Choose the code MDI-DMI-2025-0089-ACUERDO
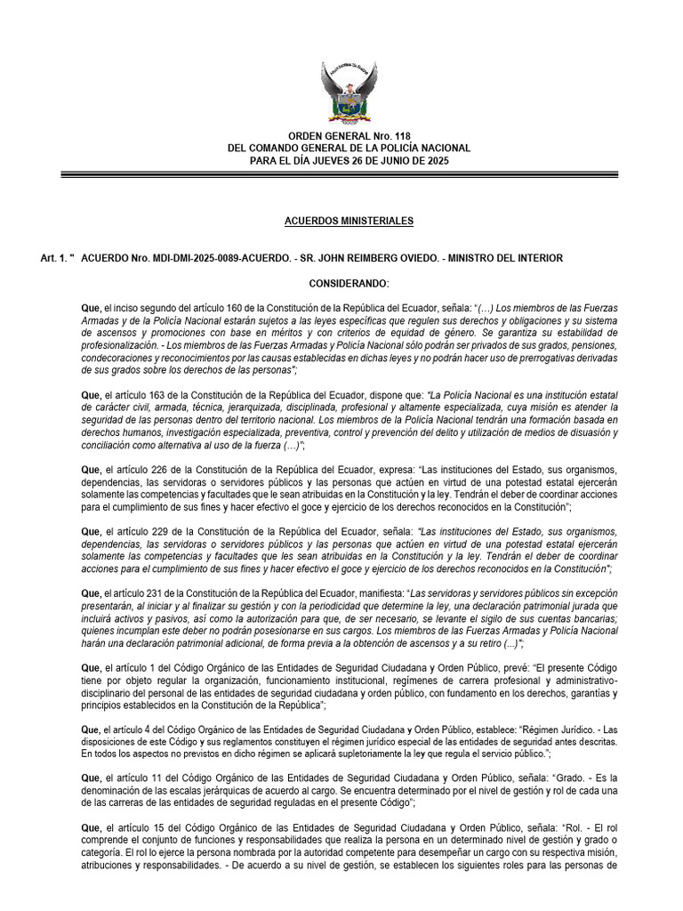click(202, 259)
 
